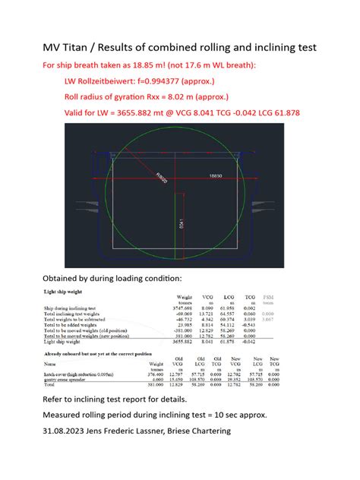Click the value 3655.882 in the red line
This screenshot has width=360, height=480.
[x=150, y=113]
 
